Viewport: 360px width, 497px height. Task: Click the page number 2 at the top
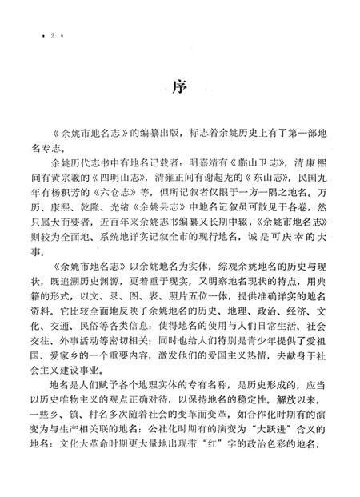(x=50, y=37)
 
